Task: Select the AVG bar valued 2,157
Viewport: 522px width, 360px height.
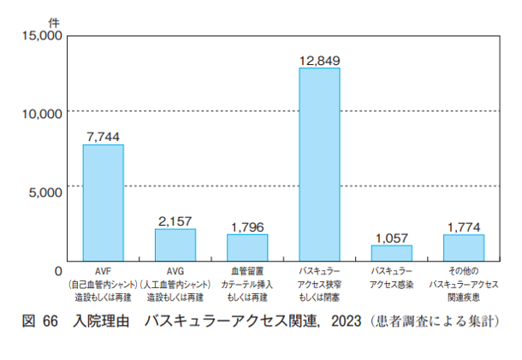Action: [175, 245]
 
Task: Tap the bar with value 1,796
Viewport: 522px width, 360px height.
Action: [247, 247]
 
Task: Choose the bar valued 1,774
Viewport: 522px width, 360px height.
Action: [464, 247]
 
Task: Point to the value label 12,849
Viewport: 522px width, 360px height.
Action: [319, 60]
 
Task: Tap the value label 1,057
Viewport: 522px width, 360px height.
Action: [391, 238]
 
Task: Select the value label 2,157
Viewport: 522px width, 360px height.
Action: [175, 221]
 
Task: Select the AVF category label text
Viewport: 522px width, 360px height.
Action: [103, 271]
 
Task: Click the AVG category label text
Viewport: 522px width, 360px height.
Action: [175, 271]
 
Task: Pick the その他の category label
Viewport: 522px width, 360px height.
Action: [464, 271]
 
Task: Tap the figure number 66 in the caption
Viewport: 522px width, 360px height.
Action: [49, 322]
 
